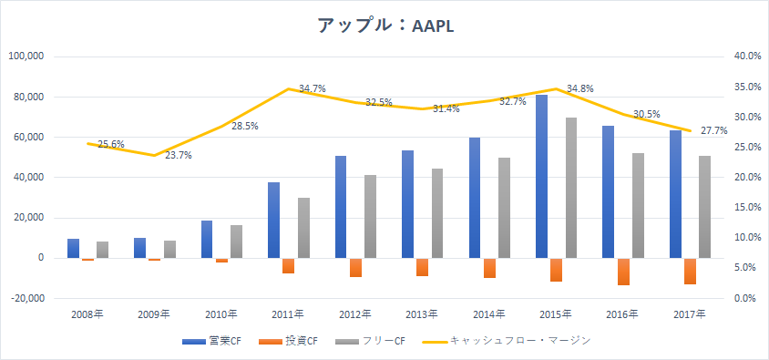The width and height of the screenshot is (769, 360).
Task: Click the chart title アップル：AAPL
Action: click(x=385, y=26)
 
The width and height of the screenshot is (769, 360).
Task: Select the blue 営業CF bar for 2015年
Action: click(x=541, y=177)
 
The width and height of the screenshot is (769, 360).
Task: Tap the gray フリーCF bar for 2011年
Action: click(x=303, y=228)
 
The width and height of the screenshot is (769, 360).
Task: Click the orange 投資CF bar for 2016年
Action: click(x=623, y=272)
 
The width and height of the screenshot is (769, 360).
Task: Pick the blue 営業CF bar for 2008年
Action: click(x=73, y=249)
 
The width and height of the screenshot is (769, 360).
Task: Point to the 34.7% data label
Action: click(x=313, y=88)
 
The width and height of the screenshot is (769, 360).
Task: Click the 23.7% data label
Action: click(x=178, y=156)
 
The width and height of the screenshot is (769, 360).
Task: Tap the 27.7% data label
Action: click(x=713, y=130)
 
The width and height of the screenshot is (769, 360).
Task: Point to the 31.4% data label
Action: click(x=446, y=108)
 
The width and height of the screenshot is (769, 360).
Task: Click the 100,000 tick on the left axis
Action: click(x=27, y=57)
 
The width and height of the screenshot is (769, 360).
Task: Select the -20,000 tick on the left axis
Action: click(x=27, y=299)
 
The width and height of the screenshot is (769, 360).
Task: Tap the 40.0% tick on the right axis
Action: click(x=748, y=57)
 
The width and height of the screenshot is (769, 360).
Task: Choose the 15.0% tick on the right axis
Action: click(x=748, y=208)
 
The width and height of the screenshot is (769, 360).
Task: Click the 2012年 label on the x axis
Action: click(x=354, y=314)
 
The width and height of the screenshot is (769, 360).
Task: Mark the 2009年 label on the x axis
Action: click(x=153, y=314)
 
